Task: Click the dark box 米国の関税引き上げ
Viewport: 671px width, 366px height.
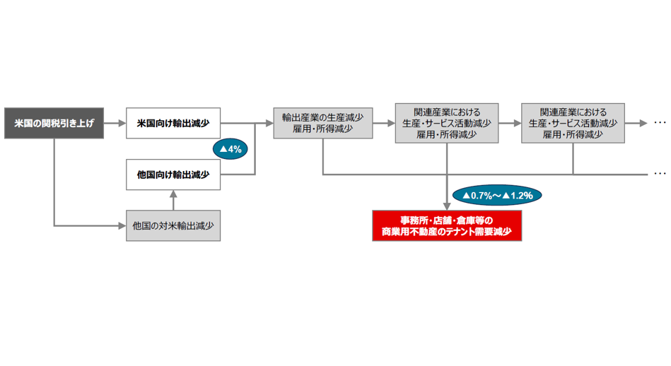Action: coord(54,123)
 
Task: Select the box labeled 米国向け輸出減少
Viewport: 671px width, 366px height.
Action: coord(173,123)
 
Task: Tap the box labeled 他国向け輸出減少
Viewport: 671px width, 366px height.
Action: coord(173,174)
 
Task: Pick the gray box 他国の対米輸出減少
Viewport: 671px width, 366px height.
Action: coord(173,226)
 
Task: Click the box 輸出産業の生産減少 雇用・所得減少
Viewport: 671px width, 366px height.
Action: coord(322,123)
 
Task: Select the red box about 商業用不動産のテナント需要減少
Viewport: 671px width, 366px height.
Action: coord(447,225)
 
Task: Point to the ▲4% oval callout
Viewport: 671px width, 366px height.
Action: coord(231,149)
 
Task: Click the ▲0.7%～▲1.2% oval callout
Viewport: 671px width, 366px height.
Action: coord(497,194)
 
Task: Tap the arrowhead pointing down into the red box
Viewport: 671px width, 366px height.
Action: coord(447,205)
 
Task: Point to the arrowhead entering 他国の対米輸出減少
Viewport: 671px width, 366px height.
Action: coord(121,226)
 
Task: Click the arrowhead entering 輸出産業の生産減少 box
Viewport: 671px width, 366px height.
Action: coord(269,123)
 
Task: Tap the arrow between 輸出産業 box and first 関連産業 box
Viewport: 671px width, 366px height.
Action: coord(383,123)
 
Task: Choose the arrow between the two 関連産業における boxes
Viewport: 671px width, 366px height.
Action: coord(509,123)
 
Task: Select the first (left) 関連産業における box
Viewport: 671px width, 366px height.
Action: coord(447,123)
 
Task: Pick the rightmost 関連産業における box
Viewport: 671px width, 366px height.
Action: coord(573,123)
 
